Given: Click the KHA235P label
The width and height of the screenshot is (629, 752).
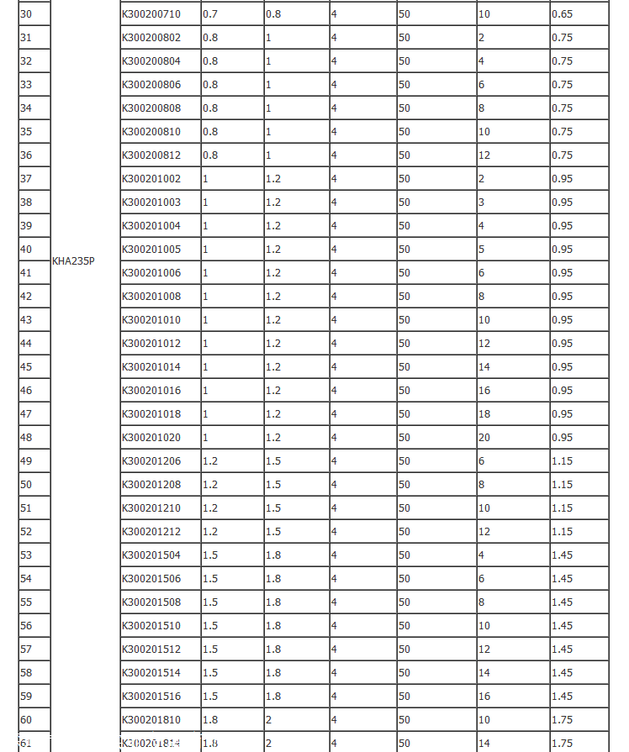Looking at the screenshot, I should [73, 260].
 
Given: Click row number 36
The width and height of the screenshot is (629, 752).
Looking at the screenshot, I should [26, 155].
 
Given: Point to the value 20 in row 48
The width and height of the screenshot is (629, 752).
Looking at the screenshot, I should [484, 438].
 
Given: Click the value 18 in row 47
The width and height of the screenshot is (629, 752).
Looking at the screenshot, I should [484, 414].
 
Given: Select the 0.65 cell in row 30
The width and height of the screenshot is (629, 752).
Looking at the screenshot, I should [563, 14].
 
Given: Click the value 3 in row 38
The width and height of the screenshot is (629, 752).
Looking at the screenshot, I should [482, 202].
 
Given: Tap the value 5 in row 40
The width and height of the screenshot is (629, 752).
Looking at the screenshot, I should [482, 250].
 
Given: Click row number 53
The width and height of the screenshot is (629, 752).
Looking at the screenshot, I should [26, 555].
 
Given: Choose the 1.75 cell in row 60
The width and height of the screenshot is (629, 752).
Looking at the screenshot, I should [563, 720].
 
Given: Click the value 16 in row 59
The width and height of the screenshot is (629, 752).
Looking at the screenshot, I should [484, 697].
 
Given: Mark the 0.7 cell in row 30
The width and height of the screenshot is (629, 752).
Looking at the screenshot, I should [210, 14].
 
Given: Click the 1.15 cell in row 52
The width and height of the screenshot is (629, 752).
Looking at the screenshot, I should [563, 532].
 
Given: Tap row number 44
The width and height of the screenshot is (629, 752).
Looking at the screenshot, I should [26, 344].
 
